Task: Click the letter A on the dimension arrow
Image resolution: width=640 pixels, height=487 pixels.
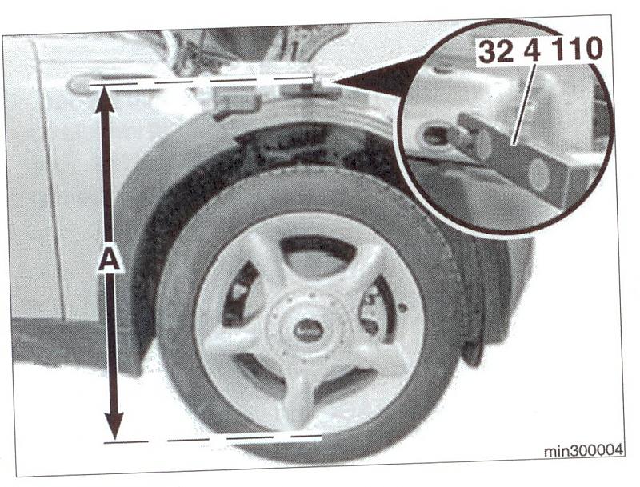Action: pyautogui.click(x=109, y=258)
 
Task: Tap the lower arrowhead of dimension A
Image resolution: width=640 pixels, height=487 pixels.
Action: pyautogui.click(x=114, y=426)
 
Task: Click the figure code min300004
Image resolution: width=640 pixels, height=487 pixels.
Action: pyautogui.click(x=584, y=450)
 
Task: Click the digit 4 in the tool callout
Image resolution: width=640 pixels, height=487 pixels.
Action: pyautogui.click(x=532, y=50)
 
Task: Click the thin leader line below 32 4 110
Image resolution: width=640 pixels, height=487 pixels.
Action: pyautogui.click(x=523, y=105)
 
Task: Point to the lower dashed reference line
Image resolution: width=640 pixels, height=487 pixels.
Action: pyautogui.click(x=213, y=440)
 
